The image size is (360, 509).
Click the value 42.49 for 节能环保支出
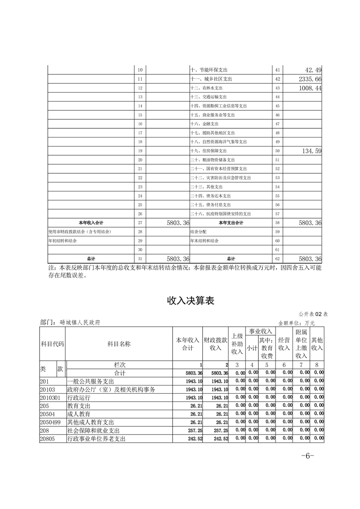coord(313,70)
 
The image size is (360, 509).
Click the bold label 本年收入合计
coord(91,223)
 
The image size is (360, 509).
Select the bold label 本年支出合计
coord(231,223)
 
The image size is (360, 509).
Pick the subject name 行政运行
coord(79,397)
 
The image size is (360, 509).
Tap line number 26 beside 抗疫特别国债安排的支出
coord(140,214)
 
